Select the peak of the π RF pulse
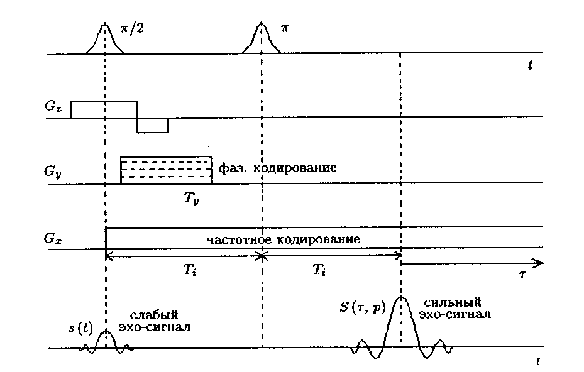click(261, 23)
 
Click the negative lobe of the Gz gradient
click(153, 125)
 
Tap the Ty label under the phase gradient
click(192, 200)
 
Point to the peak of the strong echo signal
click(400, 297)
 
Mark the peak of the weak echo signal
click(106, 331)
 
